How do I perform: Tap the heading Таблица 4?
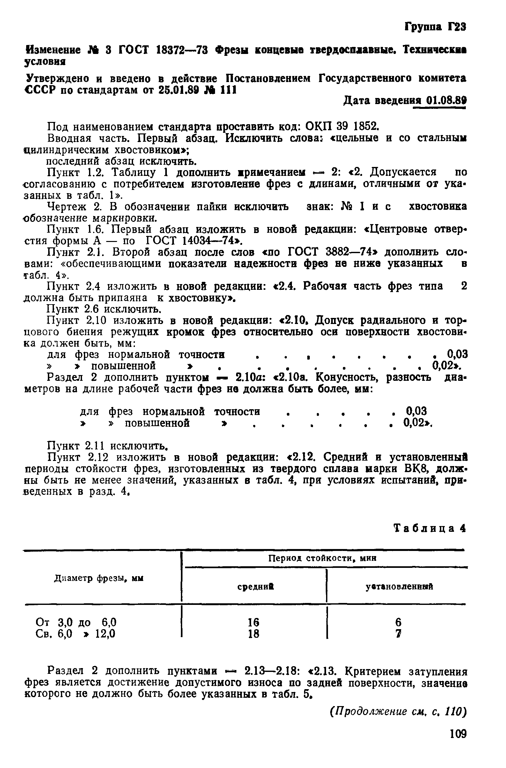click(x=430, y=529)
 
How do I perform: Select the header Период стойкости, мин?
click(x=323, y=558)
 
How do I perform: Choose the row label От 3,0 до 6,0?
click(x=76, y=622)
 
